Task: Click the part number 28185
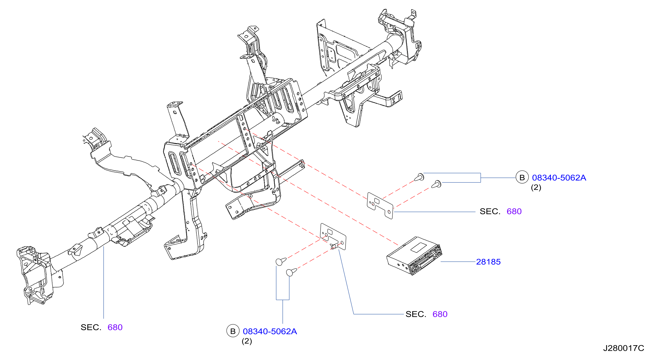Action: pos(488,262)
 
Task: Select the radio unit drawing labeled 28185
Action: pos(414,256)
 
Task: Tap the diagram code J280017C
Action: pos(623,348)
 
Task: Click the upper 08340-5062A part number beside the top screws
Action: pos(559,178)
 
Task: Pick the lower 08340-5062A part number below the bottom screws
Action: pos(270,331)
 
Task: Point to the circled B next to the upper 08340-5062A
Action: pos(522,178)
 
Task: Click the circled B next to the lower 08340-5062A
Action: pos(233,331)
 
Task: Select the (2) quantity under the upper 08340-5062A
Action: pos(536,188)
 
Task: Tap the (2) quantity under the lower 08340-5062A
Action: pos(247,341)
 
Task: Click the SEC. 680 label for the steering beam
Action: pos(101,327)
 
